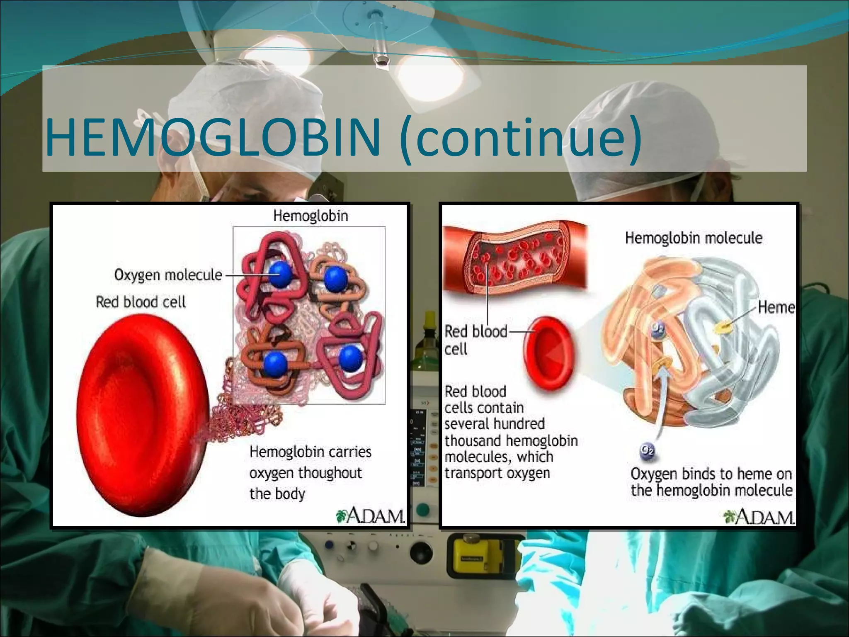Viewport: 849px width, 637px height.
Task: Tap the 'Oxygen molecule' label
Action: [x=168, y=275]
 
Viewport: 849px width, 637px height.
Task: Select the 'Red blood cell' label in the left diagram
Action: [x=141, y=302]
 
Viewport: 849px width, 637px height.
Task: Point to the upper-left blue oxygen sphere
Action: [x=280, y=275]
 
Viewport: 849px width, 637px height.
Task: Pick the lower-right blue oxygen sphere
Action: [x=351, y=357]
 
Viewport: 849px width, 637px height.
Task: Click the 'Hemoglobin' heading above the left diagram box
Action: [x=310, y=216]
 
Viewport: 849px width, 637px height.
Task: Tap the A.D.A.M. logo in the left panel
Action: [x=370, y=516]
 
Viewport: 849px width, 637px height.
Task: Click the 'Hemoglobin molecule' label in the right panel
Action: [x=694, y=238]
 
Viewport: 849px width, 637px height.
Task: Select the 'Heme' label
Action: [x=776, y=308]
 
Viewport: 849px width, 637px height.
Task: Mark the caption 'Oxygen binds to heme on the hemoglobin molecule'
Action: [x=711, y=482]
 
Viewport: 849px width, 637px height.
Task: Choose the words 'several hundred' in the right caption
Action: [x=494, y=424]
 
